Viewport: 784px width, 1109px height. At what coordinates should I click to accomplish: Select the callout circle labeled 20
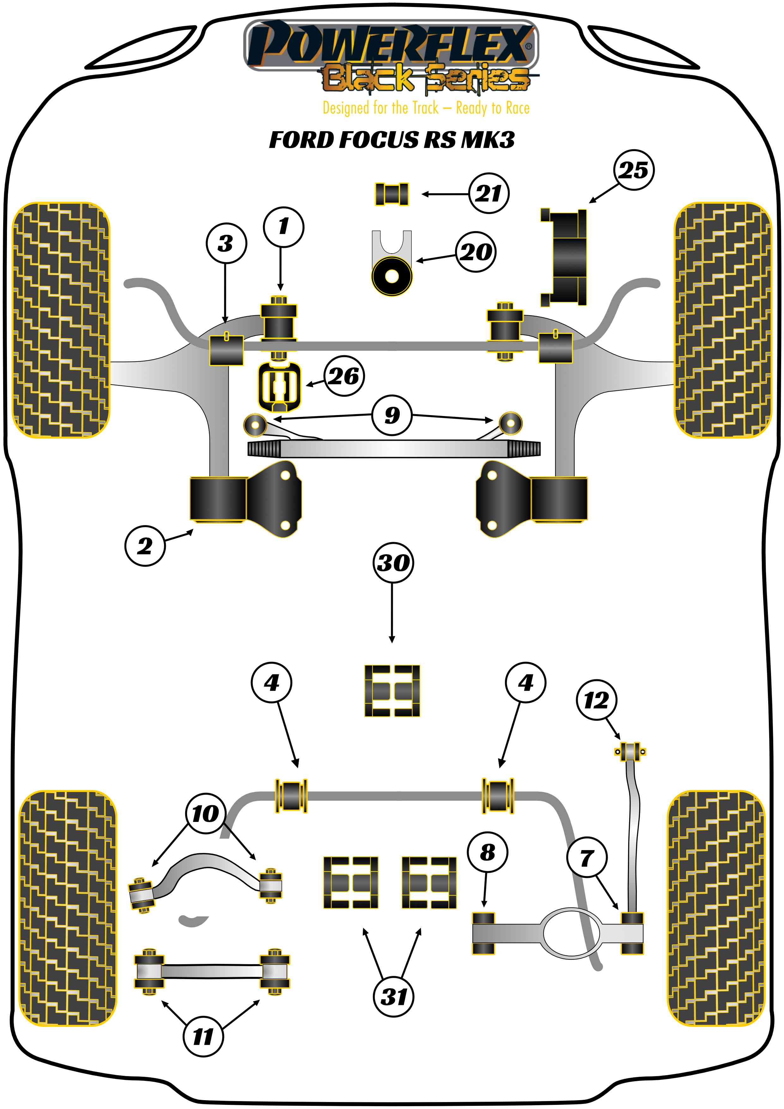[476, 252]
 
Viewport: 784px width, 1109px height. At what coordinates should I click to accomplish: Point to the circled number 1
[283, 227]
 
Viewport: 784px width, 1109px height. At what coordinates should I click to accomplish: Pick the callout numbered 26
[344, 376]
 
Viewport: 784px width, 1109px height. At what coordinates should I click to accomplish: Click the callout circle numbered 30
[393, 563]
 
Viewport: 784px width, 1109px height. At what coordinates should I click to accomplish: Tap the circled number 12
[596, 700]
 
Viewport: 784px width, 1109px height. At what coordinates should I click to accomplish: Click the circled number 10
[205, 813]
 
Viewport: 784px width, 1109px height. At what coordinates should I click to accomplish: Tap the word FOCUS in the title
[379, 140]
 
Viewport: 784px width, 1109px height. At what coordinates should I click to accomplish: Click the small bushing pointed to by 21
[392, 194]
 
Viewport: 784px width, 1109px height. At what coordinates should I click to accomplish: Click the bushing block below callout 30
[392, 691]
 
